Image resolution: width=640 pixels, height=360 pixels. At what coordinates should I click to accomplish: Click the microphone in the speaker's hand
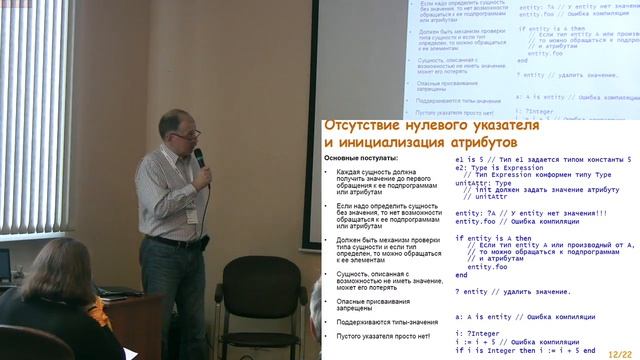coord(198,157)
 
